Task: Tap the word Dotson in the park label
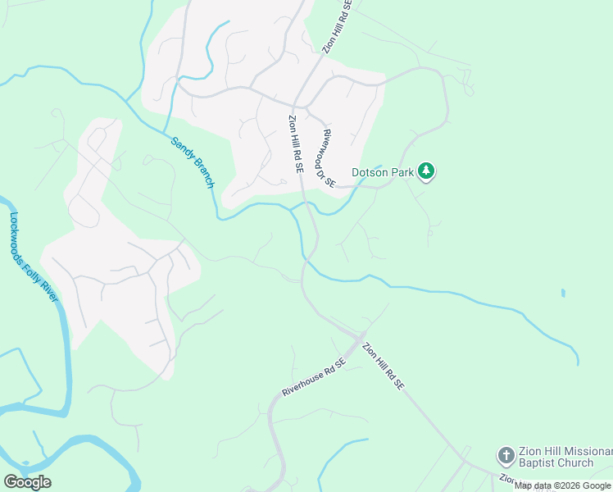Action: coord(370,172)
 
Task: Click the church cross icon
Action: coord(506,455)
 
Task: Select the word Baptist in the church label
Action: coord(540,463)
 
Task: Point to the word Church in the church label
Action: coord(576,463)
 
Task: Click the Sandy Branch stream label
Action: coord(193,162)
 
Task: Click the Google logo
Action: coord(27,482)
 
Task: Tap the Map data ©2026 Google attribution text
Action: coord(562,485)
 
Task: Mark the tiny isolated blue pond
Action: coord(562,293)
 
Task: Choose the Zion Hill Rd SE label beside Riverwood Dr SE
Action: coord(296,143)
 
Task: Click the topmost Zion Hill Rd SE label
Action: coord(337,27)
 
